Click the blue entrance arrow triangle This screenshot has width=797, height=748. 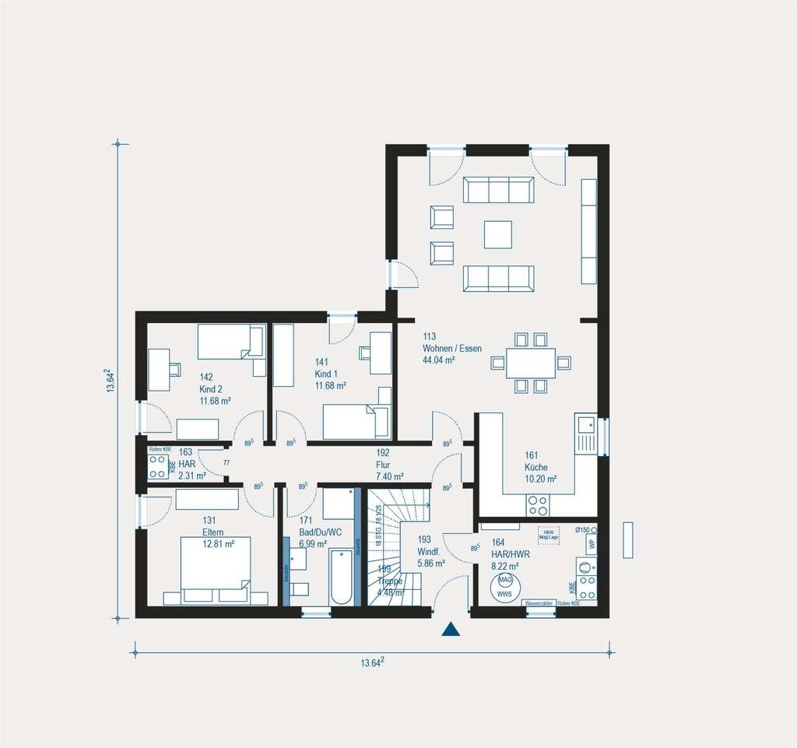coord(451,630)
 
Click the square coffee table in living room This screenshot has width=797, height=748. coord(498,234)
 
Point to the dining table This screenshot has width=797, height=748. coord(530,363)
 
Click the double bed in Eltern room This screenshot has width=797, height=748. coord(216,570)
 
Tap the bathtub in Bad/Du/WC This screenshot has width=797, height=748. coord(342,577)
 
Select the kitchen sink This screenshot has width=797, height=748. coord(585,425)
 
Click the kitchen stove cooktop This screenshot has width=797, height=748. coord(538,507)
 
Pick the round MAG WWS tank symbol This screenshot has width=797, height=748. coord(505,587)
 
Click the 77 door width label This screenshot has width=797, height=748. coord(226,463)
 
